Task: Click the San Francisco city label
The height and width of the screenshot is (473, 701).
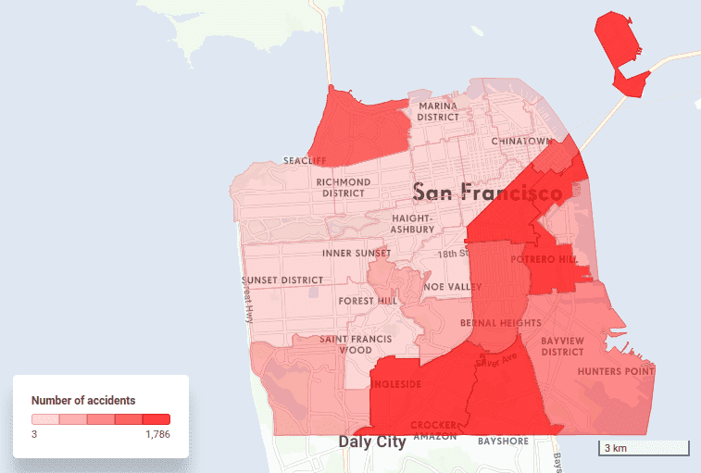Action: pyautogui.click(x=487, y=193)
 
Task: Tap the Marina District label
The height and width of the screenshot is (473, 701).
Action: pyautogui.click(x=438, y=112)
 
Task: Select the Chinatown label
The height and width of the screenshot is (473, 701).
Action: pyautogui.click(x=521, y=141)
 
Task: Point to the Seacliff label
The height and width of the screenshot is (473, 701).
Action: pyautogui.click(x=305, y=160)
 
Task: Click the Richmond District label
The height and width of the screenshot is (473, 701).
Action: pyautogui.click(x=344, y=188)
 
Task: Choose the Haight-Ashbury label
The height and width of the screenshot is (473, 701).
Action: pyautogui.click(x=412, y=223)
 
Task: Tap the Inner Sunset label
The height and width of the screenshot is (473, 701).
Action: pyautogui.click(x=357, y=253)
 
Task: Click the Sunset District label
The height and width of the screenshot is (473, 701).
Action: pyautogui.click(x=283, y=280)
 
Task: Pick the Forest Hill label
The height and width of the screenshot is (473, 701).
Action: pyautogui.click(x=369, y=301)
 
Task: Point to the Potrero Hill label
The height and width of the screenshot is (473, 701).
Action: pyautogui.click(x=550, y=259)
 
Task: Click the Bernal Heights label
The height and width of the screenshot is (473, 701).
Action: pyautogui.click(x=500, y=323)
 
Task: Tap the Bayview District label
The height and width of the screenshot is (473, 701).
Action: pyautogui.click(x=563, y=346)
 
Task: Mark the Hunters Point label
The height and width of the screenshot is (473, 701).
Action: pyautogui.click(x=616, y=371)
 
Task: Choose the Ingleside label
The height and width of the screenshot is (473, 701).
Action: pyautogui.click(x=396, y=383)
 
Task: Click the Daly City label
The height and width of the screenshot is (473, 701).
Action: pyautogui.click(x=372, y=442)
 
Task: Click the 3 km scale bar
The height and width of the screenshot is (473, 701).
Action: pyautogui.click(x=643, y=449)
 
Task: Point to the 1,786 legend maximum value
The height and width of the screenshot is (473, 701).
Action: pyautogui.click(x=157, y=434)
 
